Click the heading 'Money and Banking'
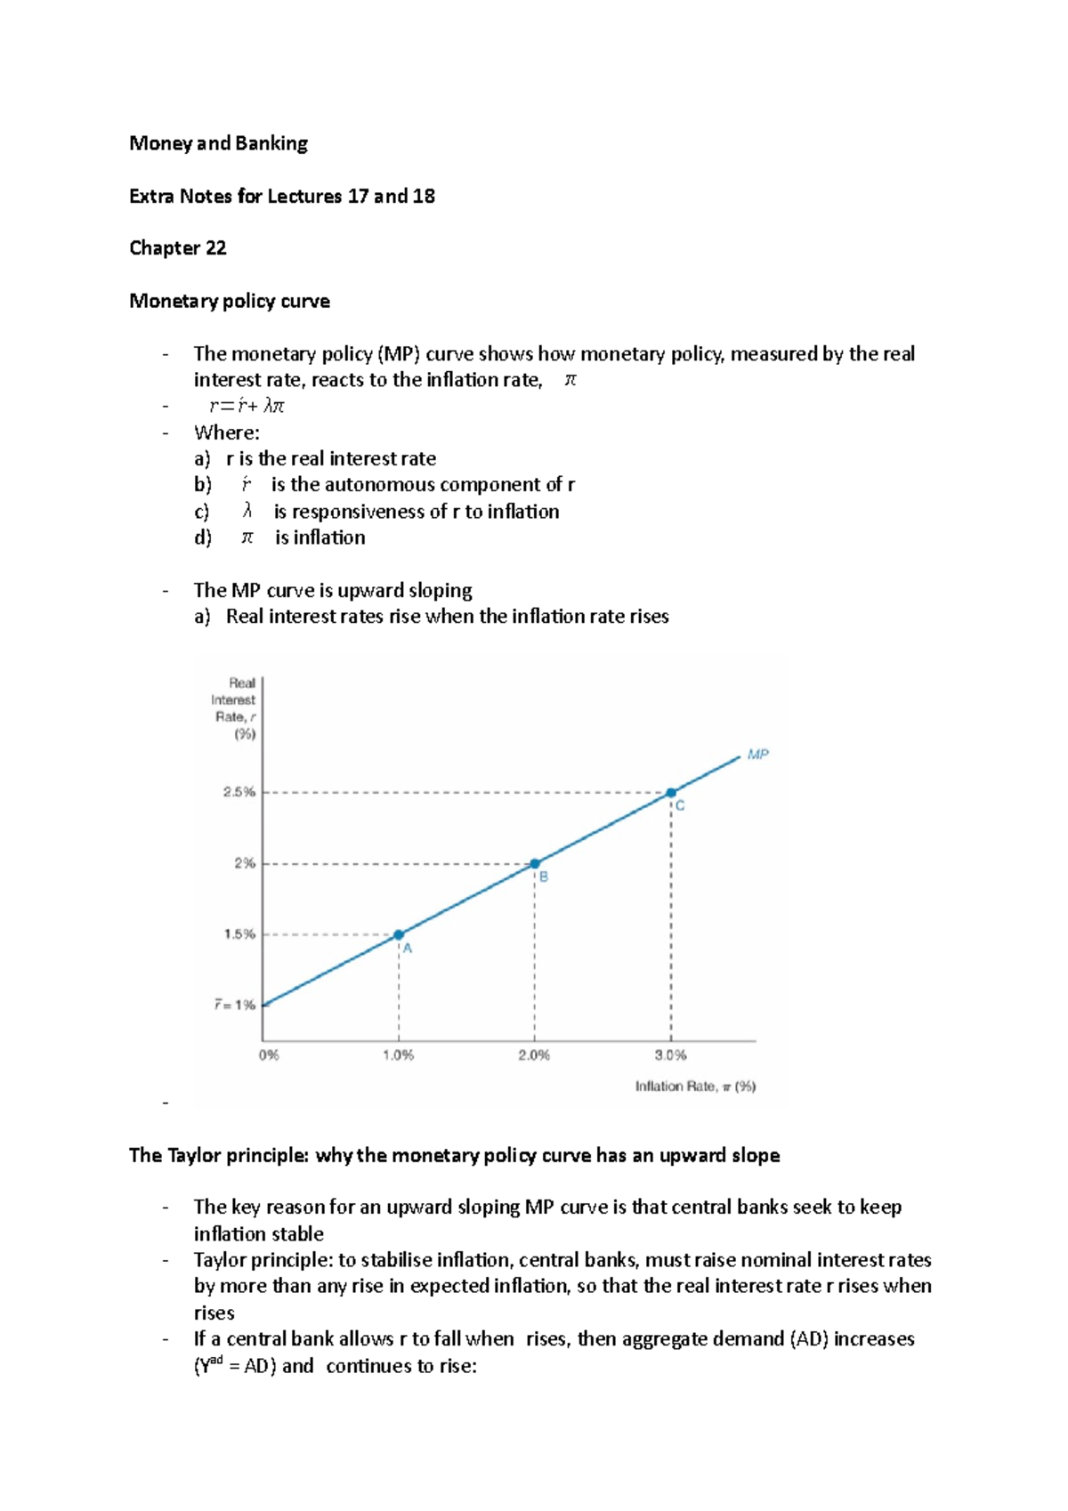click(218, 143)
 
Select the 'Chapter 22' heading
click(177, 248)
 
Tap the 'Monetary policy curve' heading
click(229, 301)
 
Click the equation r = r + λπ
click(247, 407)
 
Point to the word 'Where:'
click(226, 433)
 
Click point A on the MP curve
click(399, 934)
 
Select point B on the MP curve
click(535, 863)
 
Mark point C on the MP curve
click(671, 792)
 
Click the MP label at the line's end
click(757, 755)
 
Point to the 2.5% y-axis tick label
click(239, 792)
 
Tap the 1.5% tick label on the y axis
click(239, 934)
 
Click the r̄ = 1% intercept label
click(234, 1005)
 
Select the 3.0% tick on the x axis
click(670, 1055)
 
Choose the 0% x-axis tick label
click(269, 1055)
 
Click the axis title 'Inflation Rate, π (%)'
click(695, 1087)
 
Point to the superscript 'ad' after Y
click(216, 1359)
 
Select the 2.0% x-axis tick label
click(534, 1055)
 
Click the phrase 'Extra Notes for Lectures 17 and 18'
click(281, 196)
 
